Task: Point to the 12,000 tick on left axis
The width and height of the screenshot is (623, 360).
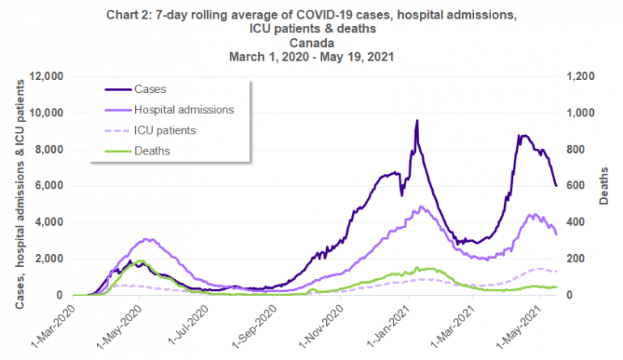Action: [45, 77]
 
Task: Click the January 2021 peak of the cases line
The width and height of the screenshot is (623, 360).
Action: [417, 121]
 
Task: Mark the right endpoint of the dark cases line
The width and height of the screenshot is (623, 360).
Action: [556, 186]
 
